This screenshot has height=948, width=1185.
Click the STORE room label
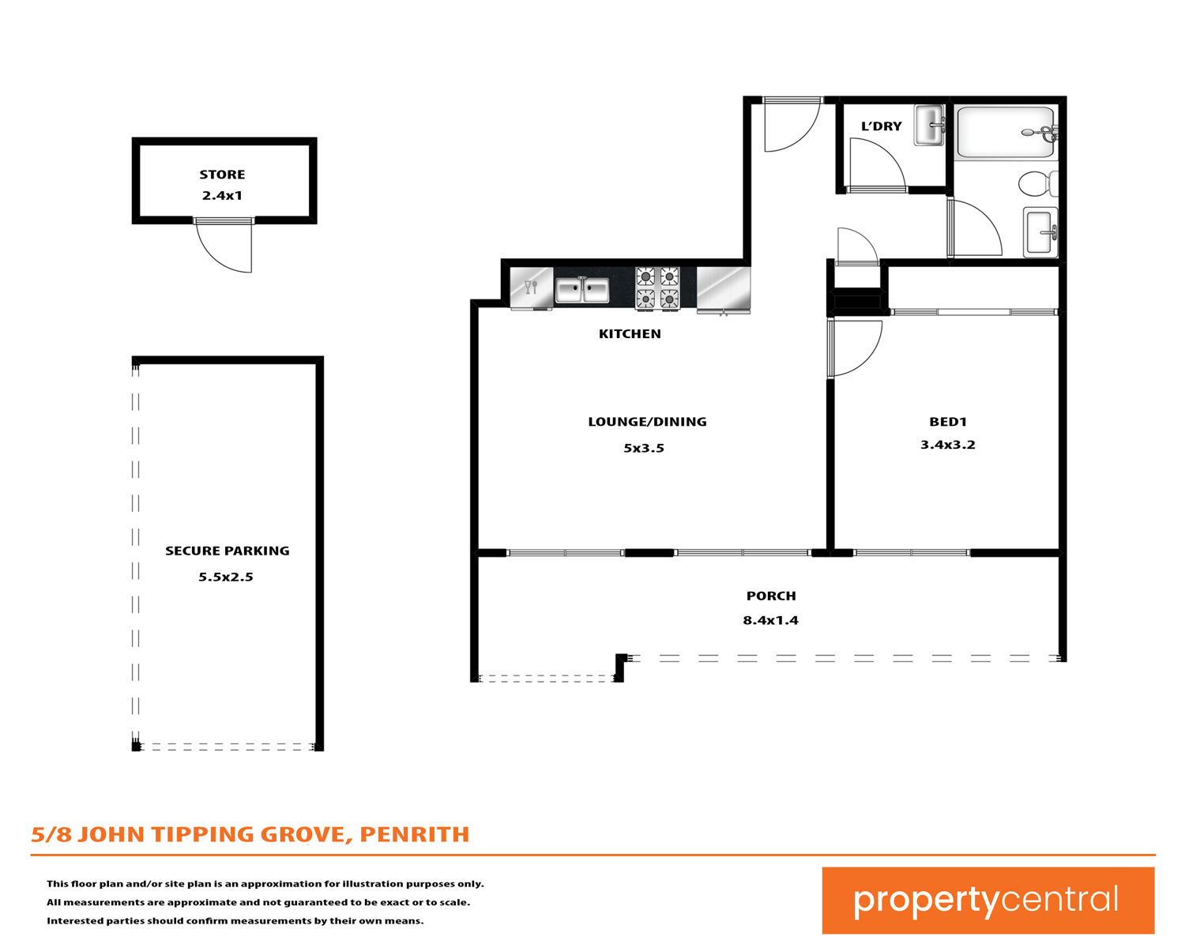click(x=222, y=175)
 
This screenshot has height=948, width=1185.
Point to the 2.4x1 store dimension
click(x=222, y=196)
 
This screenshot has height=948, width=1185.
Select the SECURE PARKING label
click(x=227, y=551)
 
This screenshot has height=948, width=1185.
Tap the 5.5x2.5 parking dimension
click(x=226, y=577)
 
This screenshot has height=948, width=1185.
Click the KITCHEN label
click(x=630, y=334)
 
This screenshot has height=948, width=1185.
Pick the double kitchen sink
click(x=582, y=290)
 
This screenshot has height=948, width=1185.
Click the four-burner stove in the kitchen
click(x=657, y=288)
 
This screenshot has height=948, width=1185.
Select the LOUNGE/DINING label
click(x=647, y=422)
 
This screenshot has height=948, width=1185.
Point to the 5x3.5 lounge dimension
click(x=644, y=449)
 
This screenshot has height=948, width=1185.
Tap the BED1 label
click(x=948, y=422)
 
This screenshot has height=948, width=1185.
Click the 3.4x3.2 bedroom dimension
click(x=948, y=445)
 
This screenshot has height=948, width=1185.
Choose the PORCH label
click(x=771, y=596)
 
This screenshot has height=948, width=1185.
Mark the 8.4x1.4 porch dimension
click(x=770, y=620)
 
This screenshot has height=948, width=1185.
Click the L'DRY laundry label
click(x=881, y=126)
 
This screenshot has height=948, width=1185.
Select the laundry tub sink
click(x=930, y=126)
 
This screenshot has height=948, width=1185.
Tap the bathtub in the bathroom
click(x=1006, y=133)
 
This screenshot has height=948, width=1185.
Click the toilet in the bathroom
click(x=1038, y=183)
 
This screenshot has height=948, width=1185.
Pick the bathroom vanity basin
click(x=1040, y=232)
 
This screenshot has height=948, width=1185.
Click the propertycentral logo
click(x=987, y=900)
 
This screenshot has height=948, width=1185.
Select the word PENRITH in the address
click(x=414, y=835)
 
